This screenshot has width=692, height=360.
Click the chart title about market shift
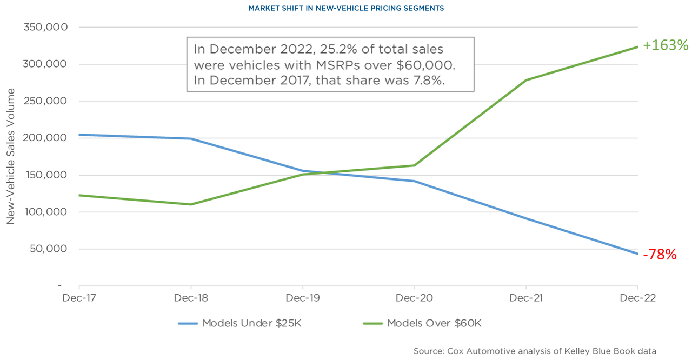[346, 8]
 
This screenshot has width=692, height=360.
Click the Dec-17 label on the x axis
[79, 298]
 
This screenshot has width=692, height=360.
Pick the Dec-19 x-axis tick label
[302, 298]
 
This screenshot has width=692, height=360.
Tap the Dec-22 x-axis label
[637, 298]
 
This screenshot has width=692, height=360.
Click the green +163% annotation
[666, 45]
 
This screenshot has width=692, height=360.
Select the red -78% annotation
[660, 255]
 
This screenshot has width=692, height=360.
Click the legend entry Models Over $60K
[422, 324]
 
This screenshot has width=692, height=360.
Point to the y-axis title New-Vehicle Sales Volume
[10, 157]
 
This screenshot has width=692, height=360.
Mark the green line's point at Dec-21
[526, 80]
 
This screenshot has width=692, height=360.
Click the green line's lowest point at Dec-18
[191, 204]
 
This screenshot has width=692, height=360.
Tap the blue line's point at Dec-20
[414, 181]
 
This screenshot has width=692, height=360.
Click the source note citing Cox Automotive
[535, 351]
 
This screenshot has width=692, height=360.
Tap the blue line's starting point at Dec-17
[79, 135]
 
